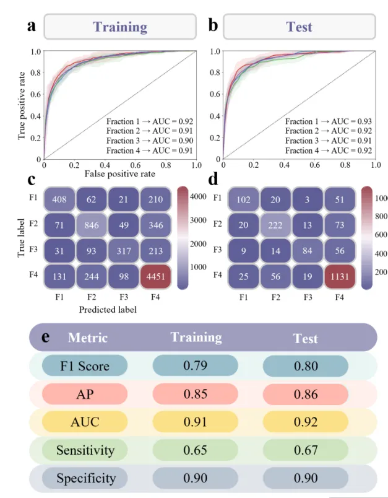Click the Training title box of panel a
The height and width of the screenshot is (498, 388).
pyautogui.click(x=120, y=27)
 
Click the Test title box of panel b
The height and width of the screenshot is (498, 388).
pyautogui.click(x=299, y=27)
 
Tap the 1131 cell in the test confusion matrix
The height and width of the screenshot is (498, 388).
pyautogui.click(x=336, y=276)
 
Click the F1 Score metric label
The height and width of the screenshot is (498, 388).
pyautogui.click(x=85, y=365)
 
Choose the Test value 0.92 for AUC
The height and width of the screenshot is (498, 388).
pyautogui.click(x=306, y=422)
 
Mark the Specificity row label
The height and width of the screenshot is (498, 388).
pyautogui.click(x=86, y=478)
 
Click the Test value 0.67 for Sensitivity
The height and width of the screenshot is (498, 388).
pyautogui.click(x=306, y=450)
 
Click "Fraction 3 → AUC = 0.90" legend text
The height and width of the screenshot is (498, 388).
pyautogui.click(x=150, y=141)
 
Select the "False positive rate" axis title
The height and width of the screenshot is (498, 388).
pyautogui.click(x=119, y=174)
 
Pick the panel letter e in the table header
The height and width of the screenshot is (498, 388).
pyautogui.click(x=46, y=337)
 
